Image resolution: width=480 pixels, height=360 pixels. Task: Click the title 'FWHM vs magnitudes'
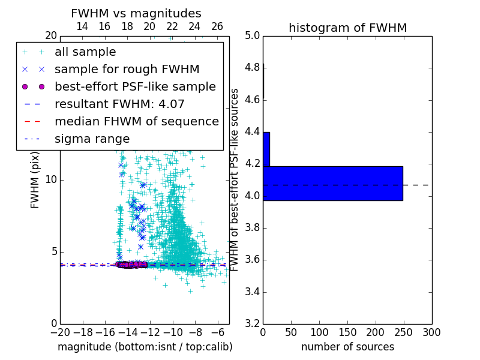pyautogui.click(x=136, y=13)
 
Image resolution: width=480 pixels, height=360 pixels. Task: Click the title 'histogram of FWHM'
pyautogui.click(x=347, y=28)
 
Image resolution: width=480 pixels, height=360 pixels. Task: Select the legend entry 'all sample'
pyautogui.click(x=85, y=52)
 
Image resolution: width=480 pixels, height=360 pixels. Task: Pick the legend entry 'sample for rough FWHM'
pyautogui.click(x=127, y=69)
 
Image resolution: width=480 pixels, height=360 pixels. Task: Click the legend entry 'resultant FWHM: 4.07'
pyautogui.click(x=119, y=104)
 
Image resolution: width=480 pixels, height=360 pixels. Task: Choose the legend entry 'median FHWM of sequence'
pyautogui.click(x=136, y=121)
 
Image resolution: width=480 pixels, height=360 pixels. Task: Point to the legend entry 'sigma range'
pyautogui.click(x=92, y=139)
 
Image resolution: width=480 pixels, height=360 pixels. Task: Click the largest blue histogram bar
pyautogui.click(x=332, y=183)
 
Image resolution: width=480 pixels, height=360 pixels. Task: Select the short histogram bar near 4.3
pyautogui.click(x=266, y=149)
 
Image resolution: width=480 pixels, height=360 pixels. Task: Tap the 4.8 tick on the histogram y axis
pyautogui.click(x=252, y=68)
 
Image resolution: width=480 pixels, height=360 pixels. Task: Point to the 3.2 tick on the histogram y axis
pyautogui.click(x=252, y=324)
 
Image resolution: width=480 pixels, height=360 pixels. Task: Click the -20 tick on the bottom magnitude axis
pyautogui.click(x=60, y=332)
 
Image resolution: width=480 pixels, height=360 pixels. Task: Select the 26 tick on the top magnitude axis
pyautogui.click(x=217, y=26)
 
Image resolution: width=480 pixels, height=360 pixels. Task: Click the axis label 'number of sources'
pyautogui.click(x=347, y=347)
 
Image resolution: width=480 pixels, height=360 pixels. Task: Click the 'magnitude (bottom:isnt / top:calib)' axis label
pyautogui.click(x=145, y=347)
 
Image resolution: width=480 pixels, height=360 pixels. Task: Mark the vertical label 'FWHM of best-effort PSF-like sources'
pyautogui.click(x=235, y=179)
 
